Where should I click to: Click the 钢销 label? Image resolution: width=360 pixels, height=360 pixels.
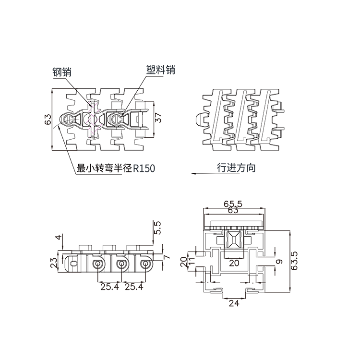point(62,72)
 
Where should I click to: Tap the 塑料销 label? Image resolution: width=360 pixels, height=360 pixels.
point(160,70)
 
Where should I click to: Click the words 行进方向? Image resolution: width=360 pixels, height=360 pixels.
point(236,168)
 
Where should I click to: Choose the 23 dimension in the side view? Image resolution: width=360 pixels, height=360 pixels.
point(54,263)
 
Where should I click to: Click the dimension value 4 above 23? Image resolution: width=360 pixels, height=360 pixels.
point(59,238)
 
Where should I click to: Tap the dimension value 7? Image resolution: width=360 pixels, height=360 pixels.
point(167,257)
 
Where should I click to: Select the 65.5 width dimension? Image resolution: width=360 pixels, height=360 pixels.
point(233,204)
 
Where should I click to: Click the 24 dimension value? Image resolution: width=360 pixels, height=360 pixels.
point(233,303)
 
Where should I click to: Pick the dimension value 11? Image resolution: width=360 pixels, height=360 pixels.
point(191,262)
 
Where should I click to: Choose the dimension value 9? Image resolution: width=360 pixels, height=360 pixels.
point(280,263)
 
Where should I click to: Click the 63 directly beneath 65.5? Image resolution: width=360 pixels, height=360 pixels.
point(233,211)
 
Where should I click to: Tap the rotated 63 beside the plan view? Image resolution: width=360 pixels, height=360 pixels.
point(48,120)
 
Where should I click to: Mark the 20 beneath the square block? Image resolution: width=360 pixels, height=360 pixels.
point(234,263)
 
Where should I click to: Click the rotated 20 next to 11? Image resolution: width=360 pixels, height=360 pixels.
point(183,262)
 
